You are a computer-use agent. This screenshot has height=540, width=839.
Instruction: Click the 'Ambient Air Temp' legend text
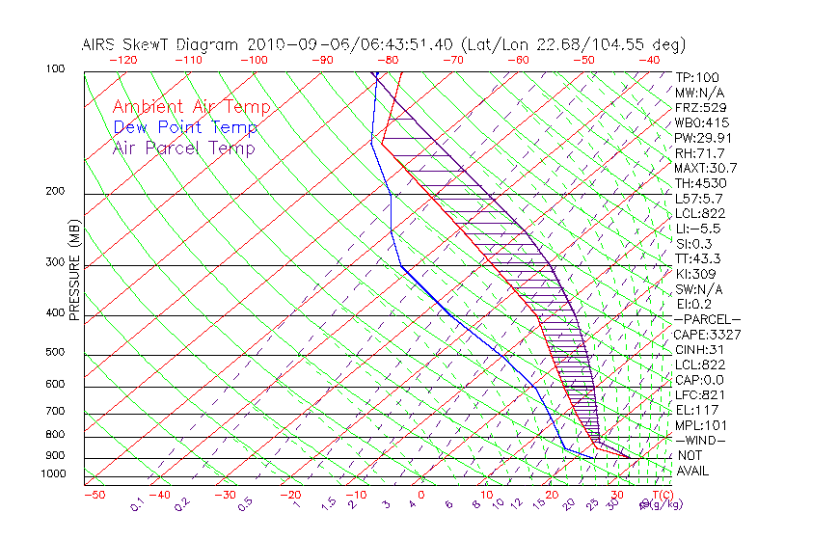coord(191,107)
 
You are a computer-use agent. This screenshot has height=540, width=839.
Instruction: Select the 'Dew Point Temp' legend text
coord(185,127)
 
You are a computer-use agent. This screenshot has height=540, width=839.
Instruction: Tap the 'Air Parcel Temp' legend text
coord(183,148)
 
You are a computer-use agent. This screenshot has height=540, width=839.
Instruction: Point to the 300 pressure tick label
coord(57,262)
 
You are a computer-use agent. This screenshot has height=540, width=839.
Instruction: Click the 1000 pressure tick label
coord(54,474)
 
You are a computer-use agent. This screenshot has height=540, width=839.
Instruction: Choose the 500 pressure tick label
coord(57,353)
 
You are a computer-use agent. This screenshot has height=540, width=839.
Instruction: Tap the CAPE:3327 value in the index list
coord(707,335)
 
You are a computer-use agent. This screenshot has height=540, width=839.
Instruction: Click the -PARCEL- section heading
coord(708,319)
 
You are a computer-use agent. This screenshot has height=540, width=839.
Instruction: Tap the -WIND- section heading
coord(701,441)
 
